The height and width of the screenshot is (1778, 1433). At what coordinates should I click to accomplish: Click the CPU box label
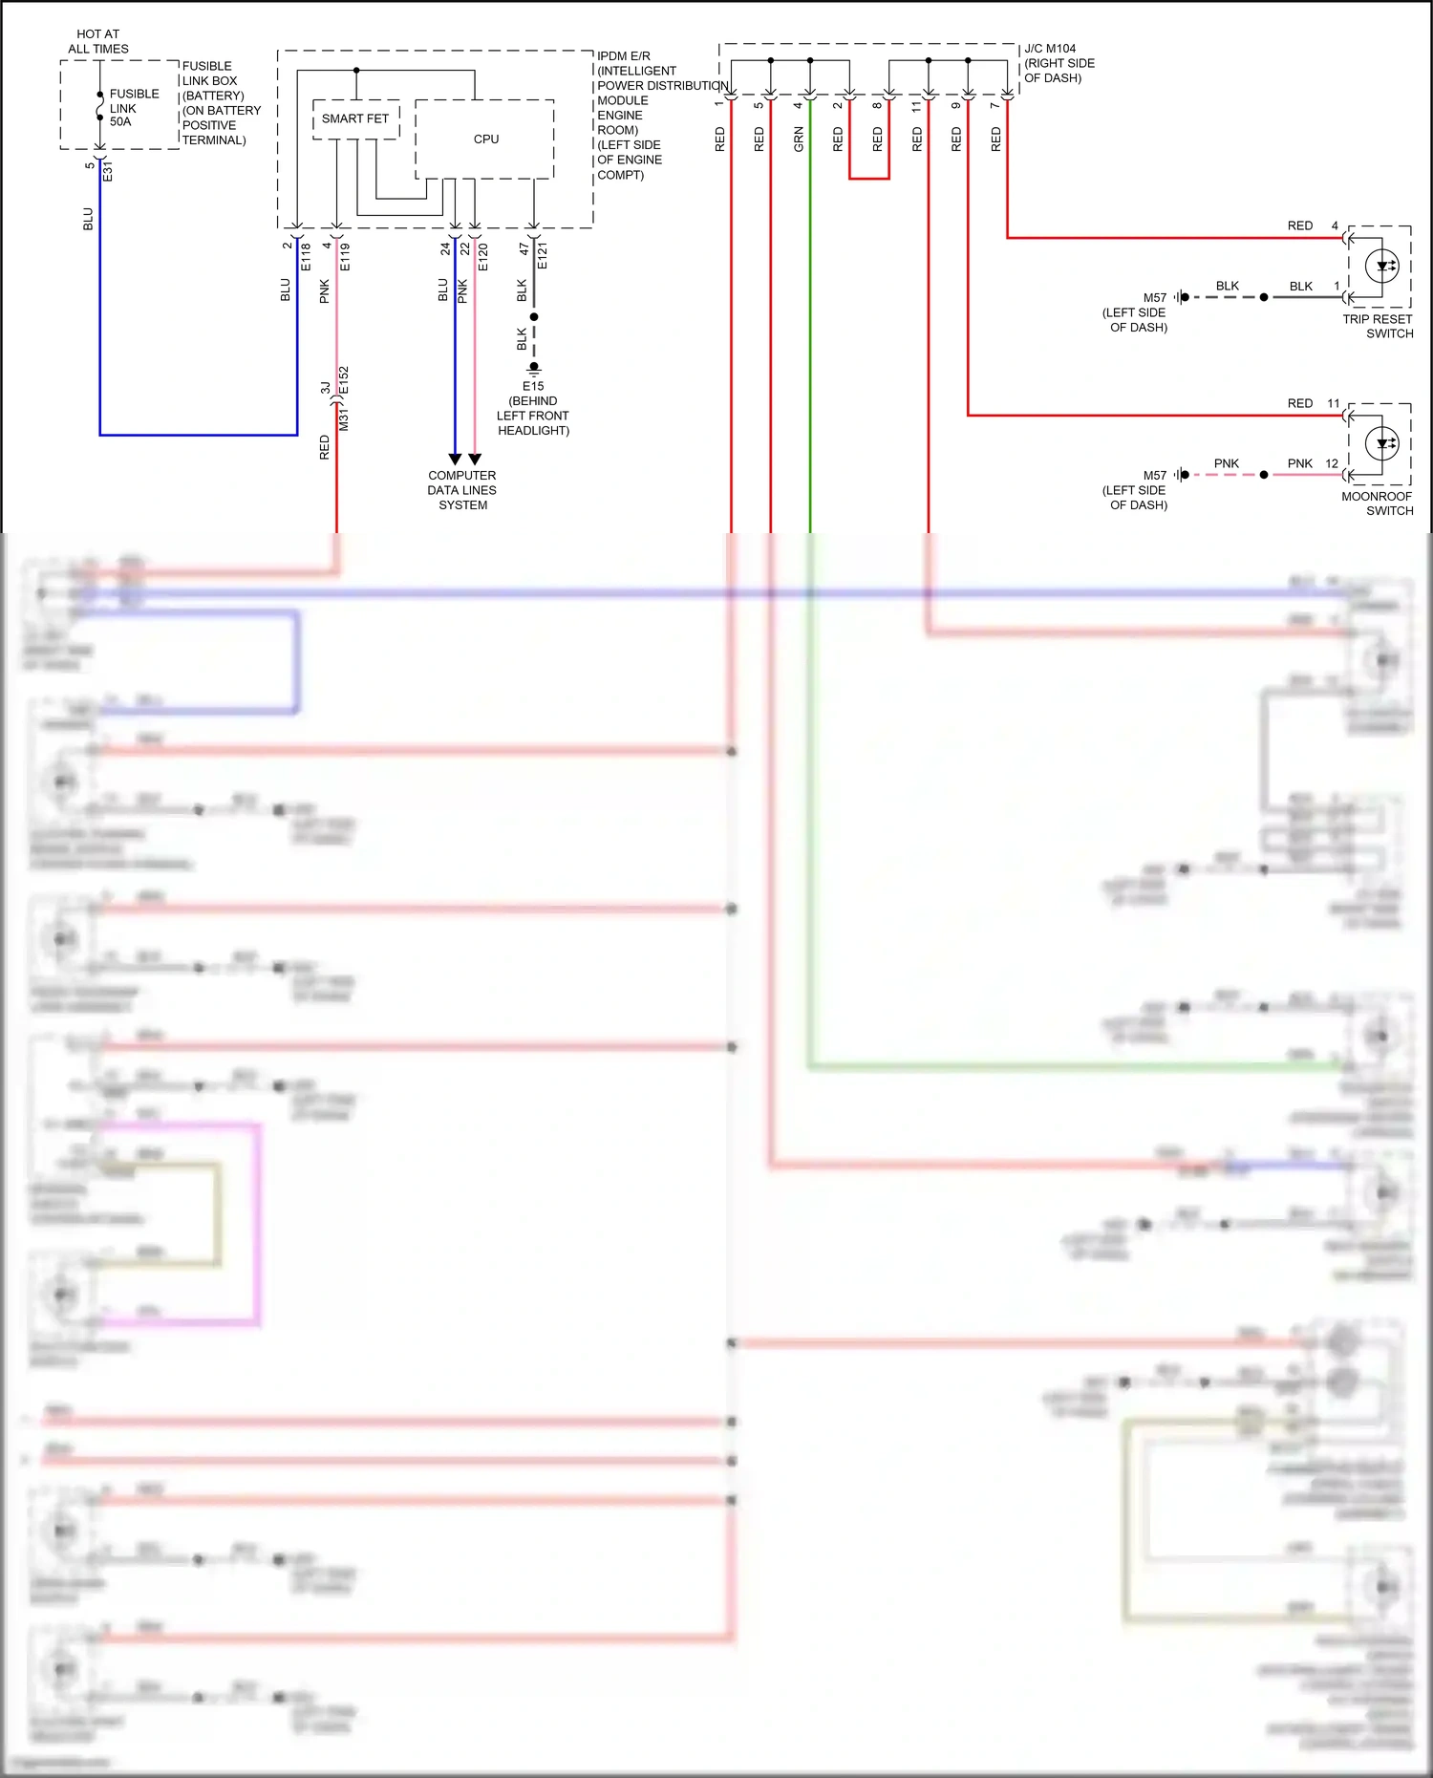coord(485,139)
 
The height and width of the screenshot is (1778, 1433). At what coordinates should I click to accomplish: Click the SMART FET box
coord(355,119)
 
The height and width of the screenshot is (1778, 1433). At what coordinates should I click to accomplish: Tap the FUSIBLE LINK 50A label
coord(134,108)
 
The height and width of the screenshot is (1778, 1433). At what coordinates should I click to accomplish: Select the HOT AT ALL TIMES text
coord(98,41)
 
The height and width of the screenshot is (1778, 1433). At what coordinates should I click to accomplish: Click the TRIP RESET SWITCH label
coord(1377,327)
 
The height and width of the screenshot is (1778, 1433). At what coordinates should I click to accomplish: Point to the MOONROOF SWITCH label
coord(1377,503)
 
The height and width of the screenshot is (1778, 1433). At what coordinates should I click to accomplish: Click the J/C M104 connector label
coord(1050,49)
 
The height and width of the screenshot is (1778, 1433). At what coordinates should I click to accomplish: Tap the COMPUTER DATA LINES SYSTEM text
coord(462,490)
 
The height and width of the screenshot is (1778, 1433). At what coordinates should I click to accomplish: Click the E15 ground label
coord(533,387)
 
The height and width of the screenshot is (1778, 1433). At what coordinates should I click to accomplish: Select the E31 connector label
coord(108,172)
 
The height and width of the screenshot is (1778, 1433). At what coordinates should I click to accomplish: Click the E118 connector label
coord(306,256)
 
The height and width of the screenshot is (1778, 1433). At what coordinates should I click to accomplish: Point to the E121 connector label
coord(542,256)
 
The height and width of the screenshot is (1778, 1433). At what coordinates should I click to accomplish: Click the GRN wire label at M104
coord(799,139)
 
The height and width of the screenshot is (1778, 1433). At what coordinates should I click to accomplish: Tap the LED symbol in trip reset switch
coord(1382,267)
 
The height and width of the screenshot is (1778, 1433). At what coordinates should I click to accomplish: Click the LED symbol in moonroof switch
coord(1382,443)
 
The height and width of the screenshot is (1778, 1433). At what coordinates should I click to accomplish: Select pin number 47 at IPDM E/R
coord(524,248)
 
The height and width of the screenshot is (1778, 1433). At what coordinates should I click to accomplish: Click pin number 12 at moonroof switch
coord(1332,464)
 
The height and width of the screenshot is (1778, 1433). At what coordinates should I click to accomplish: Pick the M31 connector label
coord(344,418)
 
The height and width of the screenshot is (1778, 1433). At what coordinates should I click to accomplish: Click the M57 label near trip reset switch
coord(1155,298)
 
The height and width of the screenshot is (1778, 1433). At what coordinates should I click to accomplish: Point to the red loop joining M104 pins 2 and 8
coord(869,179)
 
